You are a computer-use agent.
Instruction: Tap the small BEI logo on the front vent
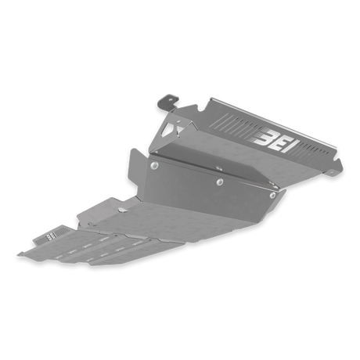pos(51,236)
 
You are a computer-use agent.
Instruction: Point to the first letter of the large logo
pos(263,137)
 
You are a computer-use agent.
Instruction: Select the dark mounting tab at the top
pos(168,103)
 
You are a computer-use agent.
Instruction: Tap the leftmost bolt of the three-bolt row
pos(155,165)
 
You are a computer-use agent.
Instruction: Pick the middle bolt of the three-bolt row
pos(220,182)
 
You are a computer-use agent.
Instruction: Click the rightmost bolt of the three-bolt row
pos(272,195)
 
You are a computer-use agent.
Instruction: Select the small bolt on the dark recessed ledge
pos(219,168)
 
